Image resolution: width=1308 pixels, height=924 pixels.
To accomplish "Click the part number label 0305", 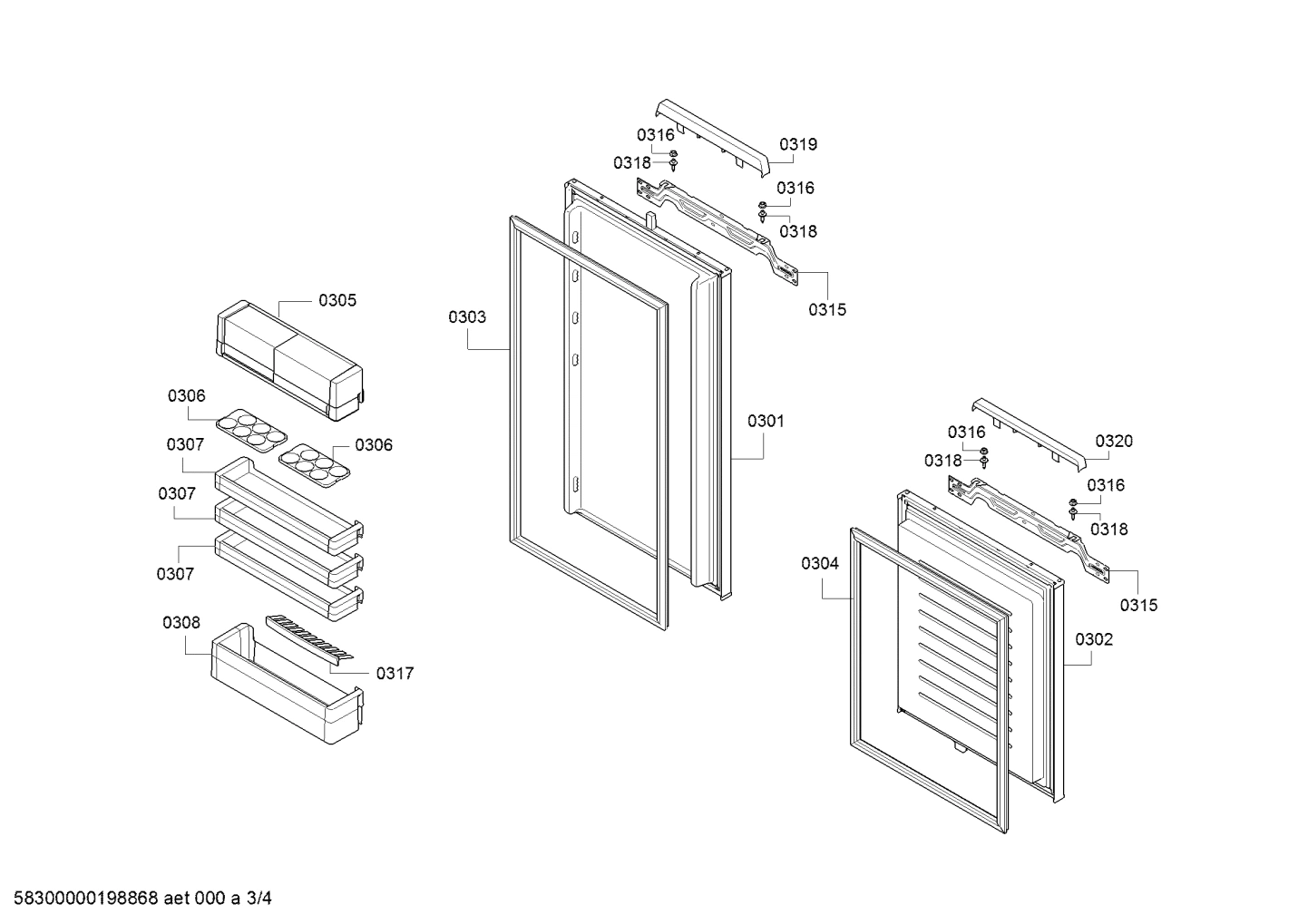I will point(337,300).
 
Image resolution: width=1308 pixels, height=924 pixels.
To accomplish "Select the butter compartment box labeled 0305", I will point(288,363).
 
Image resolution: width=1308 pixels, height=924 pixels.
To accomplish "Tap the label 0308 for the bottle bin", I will point(181,622).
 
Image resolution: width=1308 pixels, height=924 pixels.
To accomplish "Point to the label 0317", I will point(395,673).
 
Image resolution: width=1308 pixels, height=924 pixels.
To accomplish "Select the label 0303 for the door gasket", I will point(466,316).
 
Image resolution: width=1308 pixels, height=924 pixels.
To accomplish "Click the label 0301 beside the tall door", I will point(766,421).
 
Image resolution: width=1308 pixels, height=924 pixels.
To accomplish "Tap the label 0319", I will point(798,144).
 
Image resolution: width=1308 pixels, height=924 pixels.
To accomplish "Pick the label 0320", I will point(1114,441).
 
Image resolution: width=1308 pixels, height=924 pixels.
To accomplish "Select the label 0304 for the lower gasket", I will point(820,563).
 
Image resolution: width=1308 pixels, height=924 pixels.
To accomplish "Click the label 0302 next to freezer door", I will point(1094,639).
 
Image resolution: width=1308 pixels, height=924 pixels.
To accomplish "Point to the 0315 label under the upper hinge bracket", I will point(827,309).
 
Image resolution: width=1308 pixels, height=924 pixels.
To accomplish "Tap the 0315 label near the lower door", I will point(1138,605).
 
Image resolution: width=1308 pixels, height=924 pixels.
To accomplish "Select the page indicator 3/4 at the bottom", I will point(259,899).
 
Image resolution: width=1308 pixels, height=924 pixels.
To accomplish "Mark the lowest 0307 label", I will point(175,573).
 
